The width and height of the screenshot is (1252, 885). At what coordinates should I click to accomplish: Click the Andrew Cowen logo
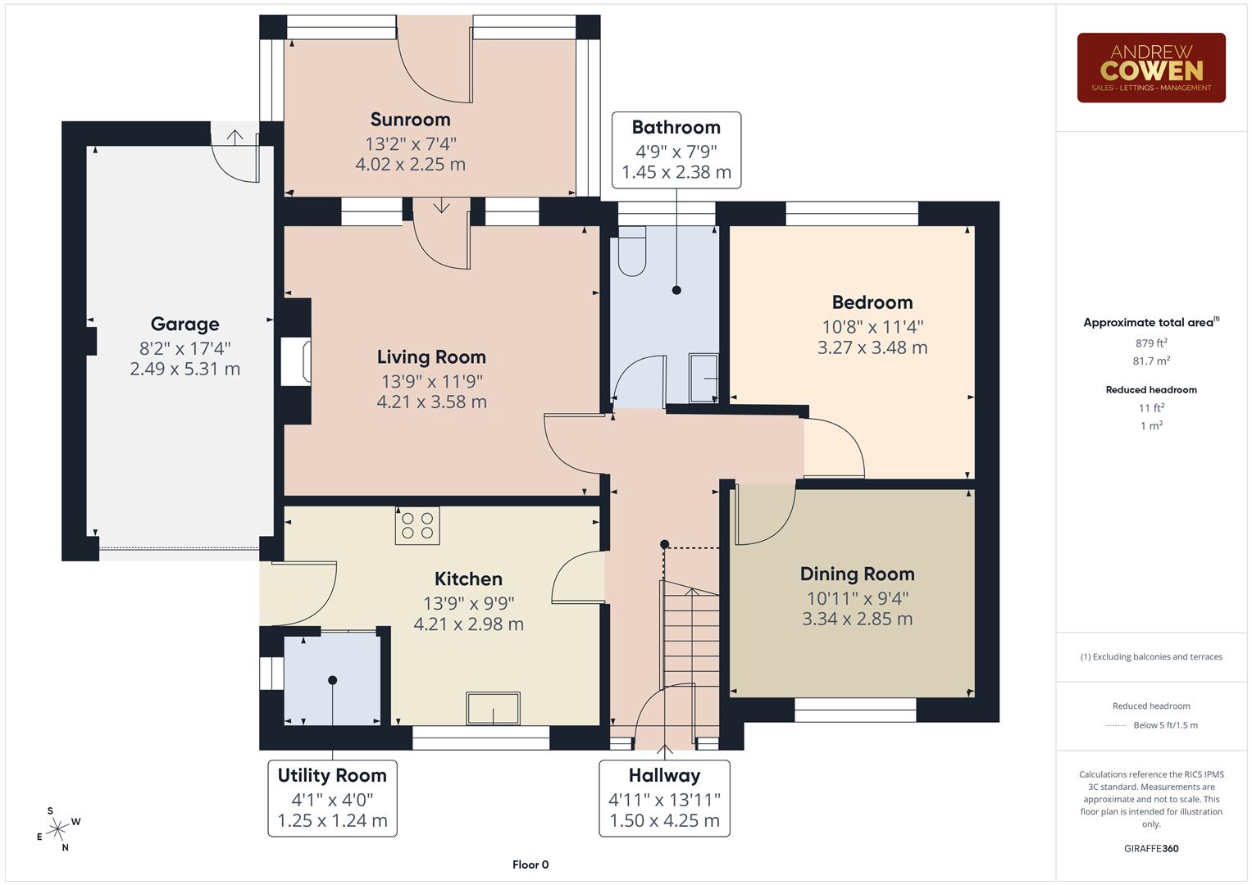pyautogui.click(x=1150, y=68)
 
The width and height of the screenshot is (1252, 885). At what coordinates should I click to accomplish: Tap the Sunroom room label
pyautogui.click(x=410, y=120)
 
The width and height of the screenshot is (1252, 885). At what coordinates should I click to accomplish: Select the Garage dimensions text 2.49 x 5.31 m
pyautogui.click(x=184, y=370)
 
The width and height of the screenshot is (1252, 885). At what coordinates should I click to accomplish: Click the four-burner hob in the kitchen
pyautogui.click(x=417, y=525)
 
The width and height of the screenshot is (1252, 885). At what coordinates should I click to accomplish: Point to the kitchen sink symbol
pyautogui.click(x=493, y=709)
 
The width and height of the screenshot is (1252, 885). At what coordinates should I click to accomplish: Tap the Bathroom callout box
pyautogui.click(x=676, y=150)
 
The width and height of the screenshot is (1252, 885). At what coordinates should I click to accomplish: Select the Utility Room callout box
pyautogui.click(x=332, y=797)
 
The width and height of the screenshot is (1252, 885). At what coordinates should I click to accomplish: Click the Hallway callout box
pyautogui.click(x=664, y=797)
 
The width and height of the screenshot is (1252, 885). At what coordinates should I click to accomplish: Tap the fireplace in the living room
pyautogui.click(x=297, y=361)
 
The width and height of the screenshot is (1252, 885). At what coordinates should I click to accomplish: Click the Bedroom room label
pyautogui.click(x=872, y=302)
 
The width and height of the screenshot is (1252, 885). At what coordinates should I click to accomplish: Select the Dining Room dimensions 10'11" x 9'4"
pyautogui.click(x=857, y=599)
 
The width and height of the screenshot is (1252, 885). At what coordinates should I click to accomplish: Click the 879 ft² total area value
pyautogui.click(x=1151, y=343)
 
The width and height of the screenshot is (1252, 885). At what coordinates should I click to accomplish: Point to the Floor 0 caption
pyautogui.click(x=530, y=865)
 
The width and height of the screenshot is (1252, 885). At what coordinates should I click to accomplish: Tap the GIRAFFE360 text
pyautogui.click(x=1151, y=848)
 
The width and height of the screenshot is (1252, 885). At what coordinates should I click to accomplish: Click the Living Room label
pyautogui.click(x=431, y=357)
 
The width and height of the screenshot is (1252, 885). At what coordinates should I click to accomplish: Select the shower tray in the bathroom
pyautogui.click(x=703, y=378)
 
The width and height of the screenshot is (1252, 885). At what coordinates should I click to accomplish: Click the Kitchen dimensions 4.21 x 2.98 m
pyautogui.click(x=468, y=624)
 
